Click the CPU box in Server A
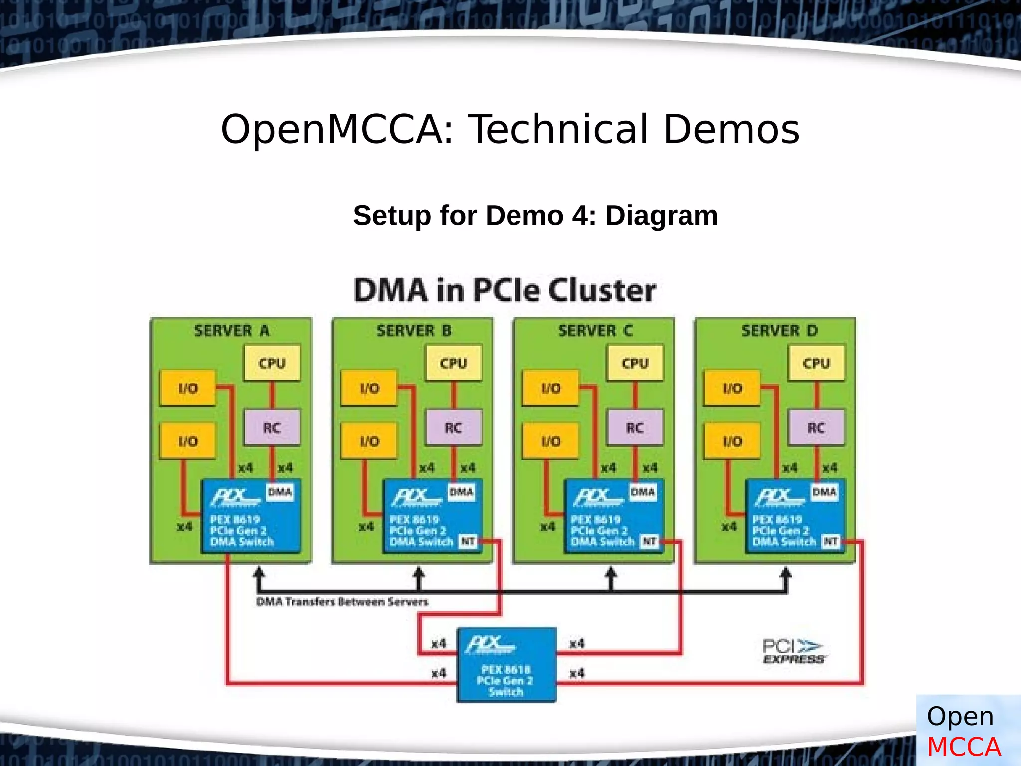click(x=272, y=363)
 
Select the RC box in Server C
click(x=635, y=428)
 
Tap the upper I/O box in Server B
click(x=369, y=388)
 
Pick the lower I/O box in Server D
click(x=732, y=441)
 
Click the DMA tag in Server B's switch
click(x=461, y=492)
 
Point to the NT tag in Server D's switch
click(x=830, y=541)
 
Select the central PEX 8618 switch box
click(x=506, y=665)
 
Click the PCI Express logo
click(x=793, y=651)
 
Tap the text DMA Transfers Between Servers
click(x=342, y=602)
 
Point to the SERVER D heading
click(x=779, y=331)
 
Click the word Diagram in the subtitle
click(x=662, y=216)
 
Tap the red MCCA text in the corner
click(x=963, y=747)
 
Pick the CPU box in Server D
click(x=816, y=363)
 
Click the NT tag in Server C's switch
click(x=649, y=541)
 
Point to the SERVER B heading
click(x=413, y=331)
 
